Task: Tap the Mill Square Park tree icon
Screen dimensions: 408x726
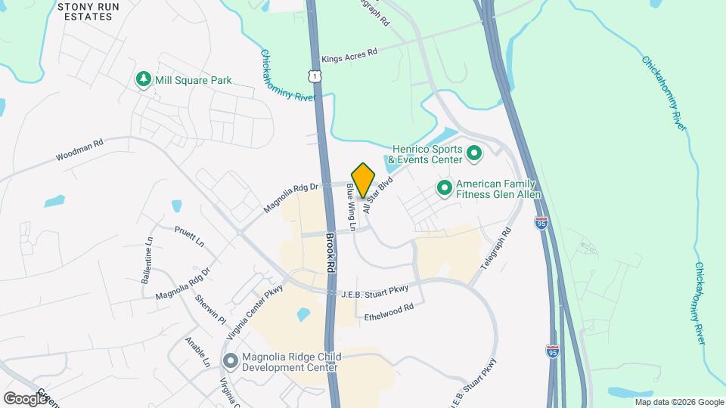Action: point(143,79)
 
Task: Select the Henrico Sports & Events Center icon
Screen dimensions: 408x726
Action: point(474,154)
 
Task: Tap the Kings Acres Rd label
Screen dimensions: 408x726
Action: point(349,57)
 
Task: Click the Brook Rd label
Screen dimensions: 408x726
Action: point(330,253)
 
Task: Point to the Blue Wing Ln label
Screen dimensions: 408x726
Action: point(352,202)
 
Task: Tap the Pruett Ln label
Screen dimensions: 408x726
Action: point(189,236)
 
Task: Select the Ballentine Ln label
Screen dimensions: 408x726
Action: point(147,260)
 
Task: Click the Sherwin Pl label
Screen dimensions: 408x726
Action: point(210,308)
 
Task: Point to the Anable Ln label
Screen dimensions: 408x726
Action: point(197,352)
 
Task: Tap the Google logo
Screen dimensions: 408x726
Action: point(25,398)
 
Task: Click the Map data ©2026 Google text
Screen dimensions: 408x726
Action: point(678,402)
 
